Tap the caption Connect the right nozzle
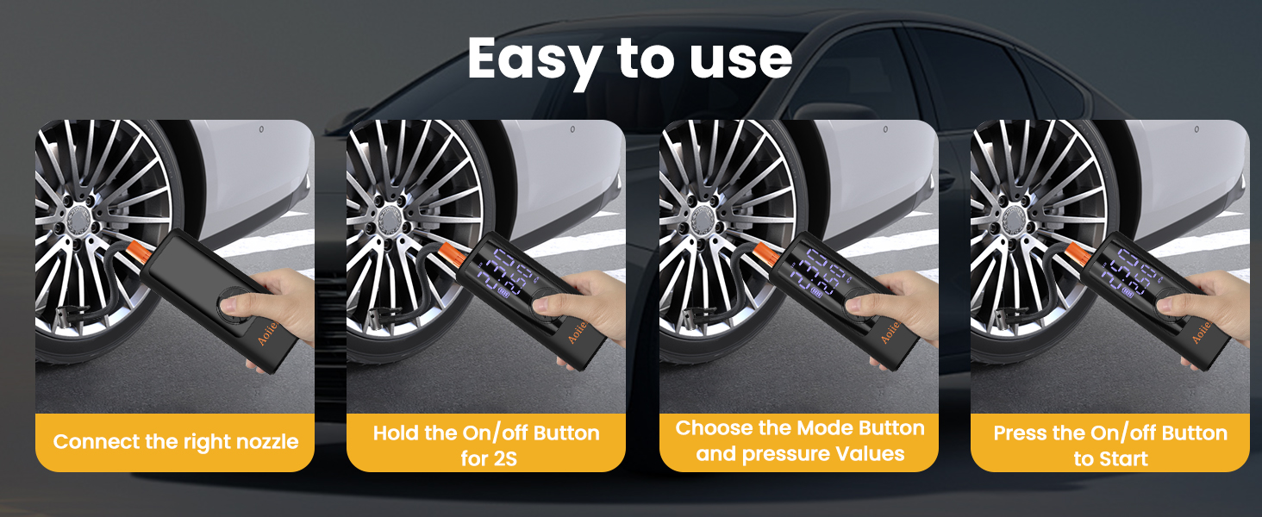click(176, 442)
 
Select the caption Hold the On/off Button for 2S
click(486, 445)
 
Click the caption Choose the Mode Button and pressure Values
click(799, 440)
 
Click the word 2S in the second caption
click(500, 458)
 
